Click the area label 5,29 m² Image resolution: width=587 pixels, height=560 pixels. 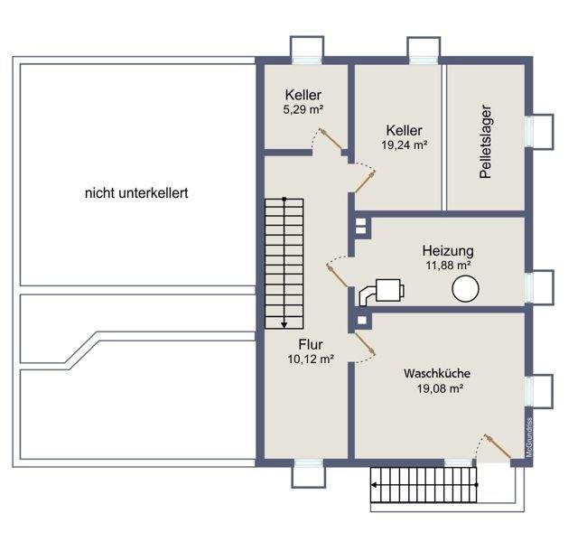[303, 109]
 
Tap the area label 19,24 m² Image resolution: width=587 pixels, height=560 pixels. [405, 145]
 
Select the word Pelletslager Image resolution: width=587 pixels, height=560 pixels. [486, 141]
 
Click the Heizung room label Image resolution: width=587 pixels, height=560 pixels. [448, 250]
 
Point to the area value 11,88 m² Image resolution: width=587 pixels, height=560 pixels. [448, 266]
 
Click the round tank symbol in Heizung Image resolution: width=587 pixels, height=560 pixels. [465, 288]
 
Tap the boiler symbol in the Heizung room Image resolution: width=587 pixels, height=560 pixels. [382, 292]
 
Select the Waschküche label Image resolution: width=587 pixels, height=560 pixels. [437, 373]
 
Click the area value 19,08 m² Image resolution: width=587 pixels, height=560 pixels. [441, 388]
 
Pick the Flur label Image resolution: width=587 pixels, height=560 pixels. [311, 344]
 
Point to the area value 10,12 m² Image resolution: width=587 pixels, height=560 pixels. [311, 359]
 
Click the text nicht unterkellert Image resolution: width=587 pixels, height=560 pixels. [136, 193]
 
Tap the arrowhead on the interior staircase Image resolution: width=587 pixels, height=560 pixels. [284, 325]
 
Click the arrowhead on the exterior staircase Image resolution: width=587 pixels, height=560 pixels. [374, 485]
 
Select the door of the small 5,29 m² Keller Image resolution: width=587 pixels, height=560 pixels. [331, 139]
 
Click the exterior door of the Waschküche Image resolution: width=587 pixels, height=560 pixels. [498, 446]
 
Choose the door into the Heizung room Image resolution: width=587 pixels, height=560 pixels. [338, 275]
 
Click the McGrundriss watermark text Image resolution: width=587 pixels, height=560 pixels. [529, 437]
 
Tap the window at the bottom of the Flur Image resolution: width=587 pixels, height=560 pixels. [309, 463]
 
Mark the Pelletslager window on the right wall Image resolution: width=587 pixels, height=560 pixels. [529, 131]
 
